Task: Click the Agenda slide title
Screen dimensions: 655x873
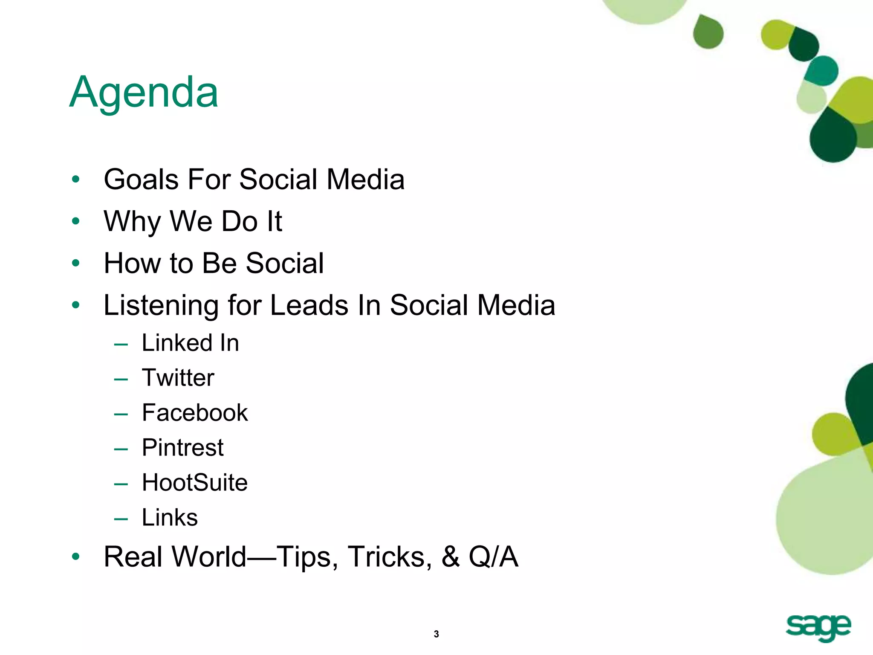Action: pyautogui.click(x=144, y=93)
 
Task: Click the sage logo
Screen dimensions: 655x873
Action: pyautogui.click(x=818, y=628)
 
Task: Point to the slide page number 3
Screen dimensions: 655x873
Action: pyautogui.click(x=436, y=634)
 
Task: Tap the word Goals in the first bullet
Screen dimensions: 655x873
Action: pyautogui.click(x=141, y=180)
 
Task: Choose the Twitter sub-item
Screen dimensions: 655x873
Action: pyautogui.click(x=178, y=378)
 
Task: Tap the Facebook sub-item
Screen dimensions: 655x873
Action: pyautogui.click(x=195, y=413)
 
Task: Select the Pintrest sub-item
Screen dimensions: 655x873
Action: pyautogui.click(x=182, y=448)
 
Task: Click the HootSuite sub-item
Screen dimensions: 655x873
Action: pyautogui.click(x=195, y=483)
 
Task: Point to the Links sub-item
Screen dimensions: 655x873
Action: pyautogui.click(x=170, y=518)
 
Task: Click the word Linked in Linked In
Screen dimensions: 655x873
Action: pyautogui.click(x=177, y=343)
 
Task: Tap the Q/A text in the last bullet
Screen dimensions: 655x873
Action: pyautogui.click(x=493, y=557)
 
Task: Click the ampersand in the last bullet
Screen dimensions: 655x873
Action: pyautogui.click(x=451, y=557)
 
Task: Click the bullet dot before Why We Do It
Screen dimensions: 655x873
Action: pyautogui.click(x=76, y=221)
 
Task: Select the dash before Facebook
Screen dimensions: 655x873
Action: pyautogui.click(x=121, y=414)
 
